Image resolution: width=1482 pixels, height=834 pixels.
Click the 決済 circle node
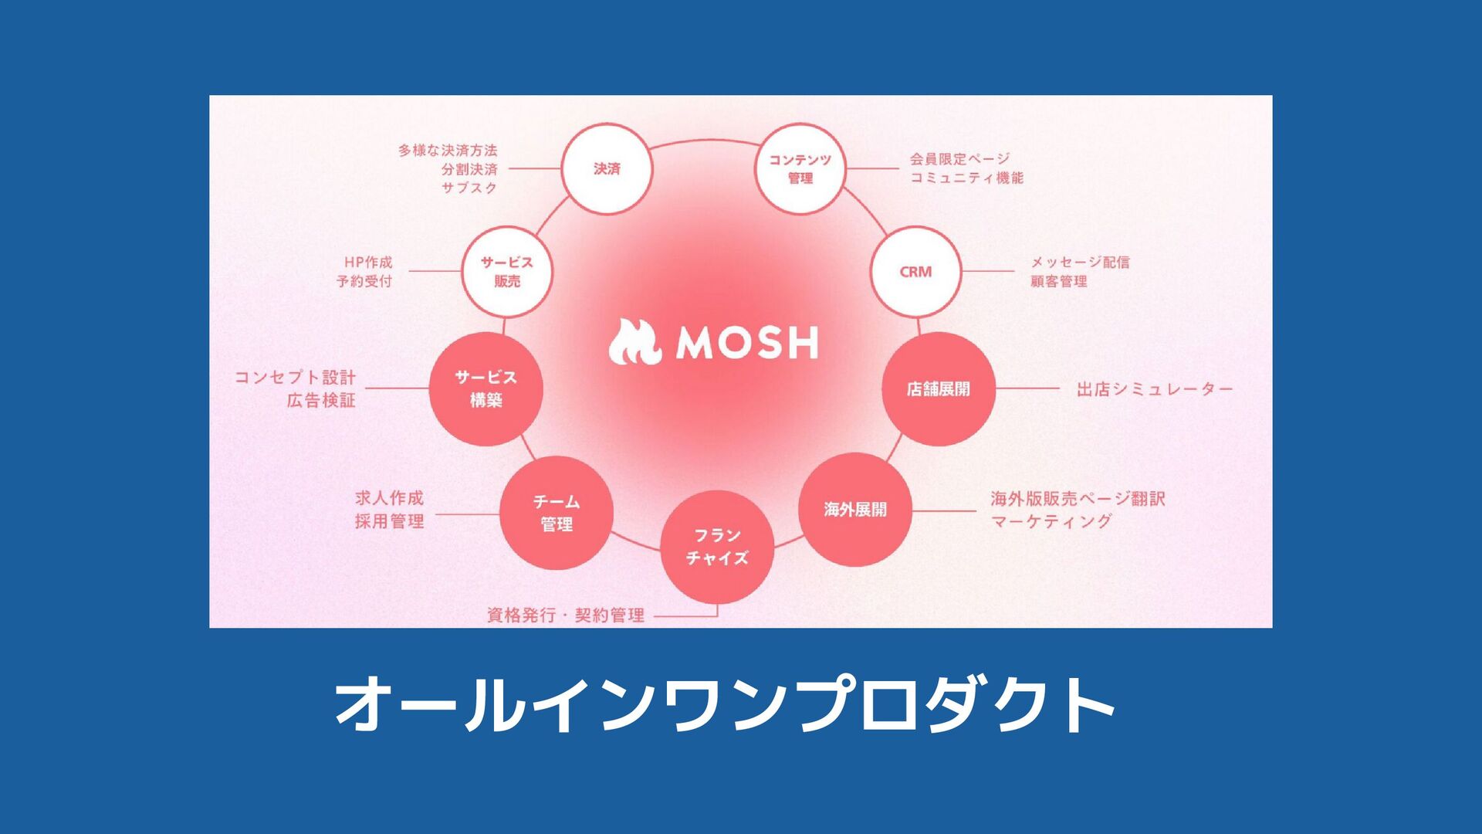[607, 168]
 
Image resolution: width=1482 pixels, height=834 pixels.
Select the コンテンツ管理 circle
[800, 168]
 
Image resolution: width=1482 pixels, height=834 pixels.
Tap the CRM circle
[915, 272]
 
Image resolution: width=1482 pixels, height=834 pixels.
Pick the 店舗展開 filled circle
[938, 389]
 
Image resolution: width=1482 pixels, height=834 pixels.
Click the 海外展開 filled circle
[854, 510]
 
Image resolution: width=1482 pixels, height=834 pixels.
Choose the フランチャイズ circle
[717, 547]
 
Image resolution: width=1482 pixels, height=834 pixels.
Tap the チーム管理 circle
[557, 513]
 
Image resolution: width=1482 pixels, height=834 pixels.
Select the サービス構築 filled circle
[486, 388]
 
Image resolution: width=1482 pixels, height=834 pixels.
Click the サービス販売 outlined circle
[507, 272]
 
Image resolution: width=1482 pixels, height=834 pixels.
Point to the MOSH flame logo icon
[634, 343]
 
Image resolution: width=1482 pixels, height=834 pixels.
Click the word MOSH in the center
[747, 343]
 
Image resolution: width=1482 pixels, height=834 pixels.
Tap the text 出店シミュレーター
[1155, 389]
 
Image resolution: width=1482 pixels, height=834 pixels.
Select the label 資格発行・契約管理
[566, 615]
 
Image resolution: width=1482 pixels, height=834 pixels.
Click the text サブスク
[469, 188]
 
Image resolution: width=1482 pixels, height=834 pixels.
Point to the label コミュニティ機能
[966, 178]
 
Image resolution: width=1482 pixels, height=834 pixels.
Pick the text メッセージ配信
[1080, 263]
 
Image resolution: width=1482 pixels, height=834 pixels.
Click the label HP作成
[368, 263]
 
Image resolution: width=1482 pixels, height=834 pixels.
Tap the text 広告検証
[321, 400]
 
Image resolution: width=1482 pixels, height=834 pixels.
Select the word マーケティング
[1051, 521]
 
